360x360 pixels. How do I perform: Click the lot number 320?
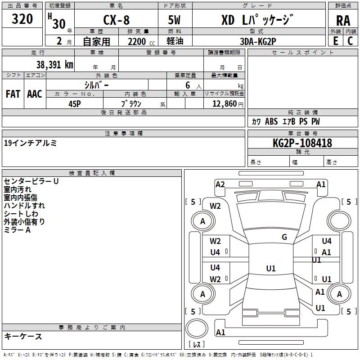tap(22, 19)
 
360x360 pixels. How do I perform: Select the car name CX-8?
tap(116, 21)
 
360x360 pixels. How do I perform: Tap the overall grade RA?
tap(343, 21)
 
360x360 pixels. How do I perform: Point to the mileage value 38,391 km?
tap(54, 64)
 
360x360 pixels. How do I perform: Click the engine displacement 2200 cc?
tap(139, 41)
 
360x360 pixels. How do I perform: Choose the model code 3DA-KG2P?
tap(258, 41)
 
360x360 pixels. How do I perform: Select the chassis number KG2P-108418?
tap(302, 143)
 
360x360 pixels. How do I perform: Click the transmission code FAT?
tap(13, 94)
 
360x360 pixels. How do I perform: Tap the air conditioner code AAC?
tap(35, 94)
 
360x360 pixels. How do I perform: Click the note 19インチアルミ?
tap(30, 143)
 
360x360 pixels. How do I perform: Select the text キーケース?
tap(23, 336)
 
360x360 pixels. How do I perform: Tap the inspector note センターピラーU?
tap(31, 181)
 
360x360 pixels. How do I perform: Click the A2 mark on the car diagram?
tap(220, 184)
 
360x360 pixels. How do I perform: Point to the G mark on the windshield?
tap(284, 237)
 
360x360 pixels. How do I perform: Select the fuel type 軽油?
tap(175, 41)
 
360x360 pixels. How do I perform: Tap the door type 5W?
tap(175, 21)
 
